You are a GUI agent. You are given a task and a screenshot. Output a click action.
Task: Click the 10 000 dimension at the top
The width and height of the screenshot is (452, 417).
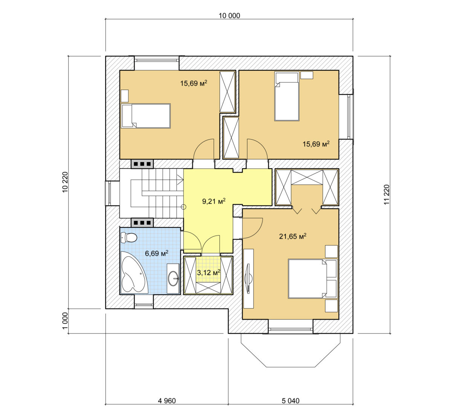coord(229,16)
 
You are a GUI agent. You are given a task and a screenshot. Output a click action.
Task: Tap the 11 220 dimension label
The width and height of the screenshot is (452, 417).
coord(387,195)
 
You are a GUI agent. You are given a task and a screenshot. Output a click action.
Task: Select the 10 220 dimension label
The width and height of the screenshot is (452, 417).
coord(65,182)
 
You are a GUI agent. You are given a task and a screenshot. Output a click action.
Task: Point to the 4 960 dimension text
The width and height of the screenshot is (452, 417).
coord(167,400)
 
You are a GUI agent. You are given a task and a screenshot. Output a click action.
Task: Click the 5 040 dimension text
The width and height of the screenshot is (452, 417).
coord(291,400)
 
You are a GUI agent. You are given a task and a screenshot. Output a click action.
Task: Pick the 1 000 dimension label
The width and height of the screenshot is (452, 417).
coord(65,321)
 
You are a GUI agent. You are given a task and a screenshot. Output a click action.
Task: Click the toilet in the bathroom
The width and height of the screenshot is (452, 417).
coord(128,237)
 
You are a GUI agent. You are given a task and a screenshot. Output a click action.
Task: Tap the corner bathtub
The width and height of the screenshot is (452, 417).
coord(134,272)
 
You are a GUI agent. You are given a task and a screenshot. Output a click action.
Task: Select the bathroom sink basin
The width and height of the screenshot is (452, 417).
coord(173,278)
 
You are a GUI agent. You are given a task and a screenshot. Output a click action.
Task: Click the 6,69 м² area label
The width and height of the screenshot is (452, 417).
coord(157,253)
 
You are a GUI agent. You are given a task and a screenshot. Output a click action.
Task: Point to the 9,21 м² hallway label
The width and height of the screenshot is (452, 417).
coord(214,201)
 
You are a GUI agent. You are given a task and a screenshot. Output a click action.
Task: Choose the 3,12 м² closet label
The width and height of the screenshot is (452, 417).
coord(208,272)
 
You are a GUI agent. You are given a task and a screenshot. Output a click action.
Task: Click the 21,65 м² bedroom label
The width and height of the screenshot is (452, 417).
coord(293,236)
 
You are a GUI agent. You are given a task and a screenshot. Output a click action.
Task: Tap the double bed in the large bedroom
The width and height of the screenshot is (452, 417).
coord(312,279)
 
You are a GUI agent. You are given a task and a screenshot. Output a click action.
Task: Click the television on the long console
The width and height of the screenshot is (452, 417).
coord(249,278)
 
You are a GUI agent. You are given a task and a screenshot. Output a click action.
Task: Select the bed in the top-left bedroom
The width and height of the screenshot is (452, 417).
coord(146,116)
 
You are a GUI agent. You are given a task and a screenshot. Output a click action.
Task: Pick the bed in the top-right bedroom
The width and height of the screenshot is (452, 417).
coord(287,96)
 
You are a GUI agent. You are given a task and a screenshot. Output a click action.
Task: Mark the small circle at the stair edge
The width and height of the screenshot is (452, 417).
coord(183,207)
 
